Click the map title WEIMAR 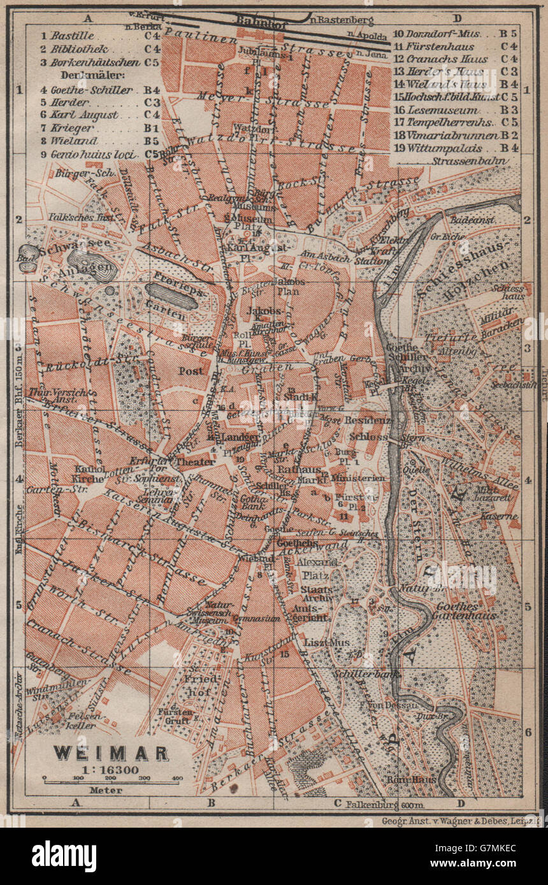110,753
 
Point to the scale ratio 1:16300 111,768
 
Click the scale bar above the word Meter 111,778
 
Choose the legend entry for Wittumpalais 440,148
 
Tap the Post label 191,371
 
